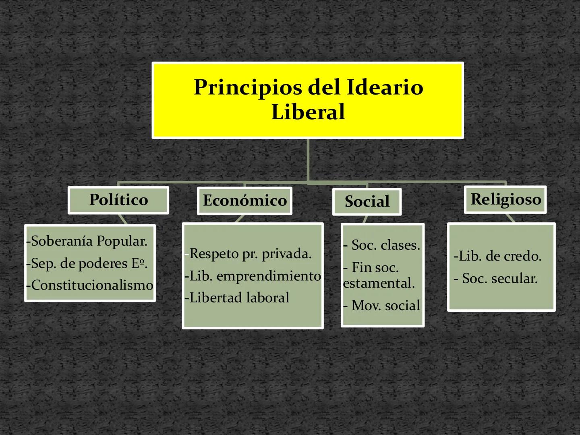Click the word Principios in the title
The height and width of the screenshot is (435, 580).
(247, 87)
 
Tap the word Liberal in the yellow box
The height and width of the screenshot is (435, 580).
(308, 112)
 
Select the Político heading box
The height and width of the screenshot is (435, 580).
(118, 200)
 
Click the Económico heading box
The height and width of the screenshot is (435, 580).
(244, 201)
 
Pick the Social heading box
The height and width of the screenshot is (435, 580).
(367, 201)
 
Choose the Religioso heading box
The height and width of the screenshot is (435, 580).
(505, 199)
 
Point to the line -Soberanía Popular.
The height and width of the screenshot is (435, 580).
(87, 241)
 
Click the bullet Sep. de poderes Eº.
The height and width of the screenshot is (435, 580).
(87, 263)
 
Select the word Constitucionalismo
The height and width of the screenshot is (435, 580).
(92, 285)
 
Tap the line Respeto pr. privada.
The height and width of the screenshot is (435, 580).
(250, 254)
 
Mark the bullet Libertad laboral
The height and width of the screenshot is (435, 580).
(239, 298)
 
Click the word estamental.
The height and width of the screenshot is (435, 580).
(379, 283)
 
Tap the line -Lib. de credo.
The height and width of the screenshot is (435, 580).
(497, 256)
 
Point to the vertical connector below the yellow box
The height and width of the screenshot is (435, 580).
(308, 159)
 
